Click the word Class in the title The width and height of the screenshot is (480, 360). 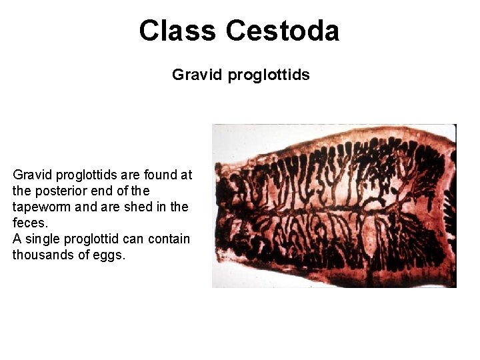point(178,31)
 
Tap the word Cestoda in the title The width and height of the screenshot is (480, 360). point(283,31)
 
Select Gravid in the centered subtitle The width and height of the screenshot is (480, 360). point(197,75)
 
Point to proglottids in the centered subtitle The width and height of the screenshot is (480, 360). point(269,75)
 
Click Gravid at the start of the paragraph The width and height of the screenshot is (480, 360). point(33,175)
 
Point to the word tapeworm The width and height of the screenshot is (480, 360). point(41,207)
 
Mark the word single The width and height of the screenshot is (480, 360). point(44,239)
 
